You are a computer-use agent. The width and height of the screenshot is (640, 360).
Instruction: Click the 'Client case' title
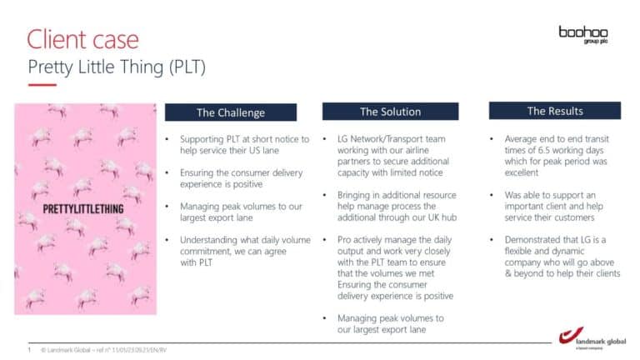[x=82, y=39]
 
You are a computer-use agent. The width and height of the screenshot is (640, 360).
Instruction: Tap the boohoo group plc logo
[x=583, y=35]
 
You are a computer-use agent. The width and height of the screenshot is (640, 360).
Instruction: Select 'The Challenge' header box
[x=231, y=112]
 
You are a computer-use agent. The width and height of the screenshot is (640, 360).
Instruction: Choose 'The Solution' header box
[x=390, y=112]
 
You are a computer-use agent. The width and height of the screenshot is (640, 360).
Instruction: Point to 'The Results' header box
[x=555, y=111]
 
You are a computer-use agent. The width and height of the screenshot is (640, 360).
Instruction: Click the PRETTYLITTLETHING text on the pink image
[x=83, y=209]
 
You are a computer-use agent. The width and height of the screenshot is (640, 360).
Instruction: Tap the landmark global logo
[x=592, y=338]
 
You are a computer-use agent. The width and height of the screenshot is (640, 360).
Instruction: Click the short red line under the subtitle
[x=42, y=85]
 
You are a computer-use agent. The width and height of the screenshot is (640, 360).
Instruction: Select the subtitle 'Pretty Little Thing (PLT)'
[x=117, y=67]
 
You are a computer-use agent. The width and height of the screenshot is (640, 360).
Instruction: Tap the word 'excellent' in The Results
[x=521, y=172]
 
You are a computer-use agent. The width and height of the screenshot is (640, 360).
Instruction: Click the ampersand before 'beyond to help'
[x=507, y=273]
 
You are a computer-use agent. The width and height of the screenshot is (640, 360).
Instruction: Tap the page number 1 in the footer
[x=29, y=350]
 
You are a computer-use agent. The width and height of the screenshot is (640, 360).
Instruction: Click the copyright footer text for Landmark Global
[x=103, y=350]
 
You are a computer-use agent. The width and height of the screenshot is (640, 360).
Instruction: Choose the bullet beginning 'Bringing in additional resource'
[x=397, y=206]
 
